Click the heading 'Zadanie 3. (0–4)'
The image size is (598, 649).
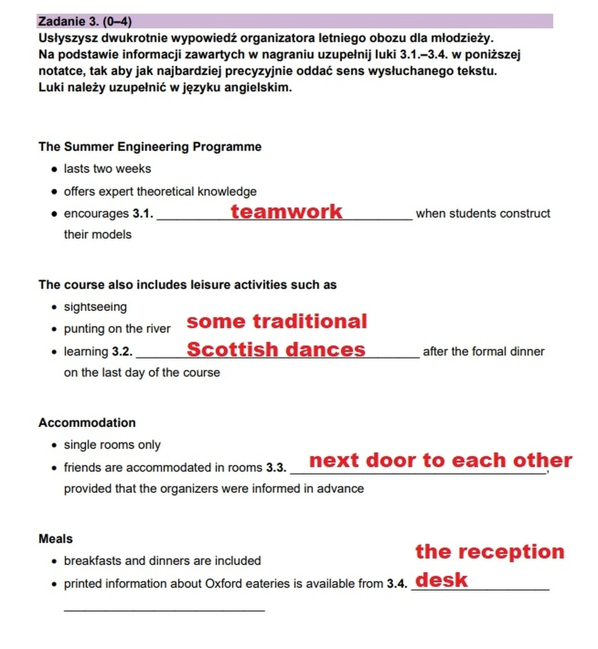85,21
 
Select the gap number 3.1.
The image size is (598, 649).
143,214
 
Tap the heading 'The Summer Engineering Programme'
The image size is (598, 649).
150,147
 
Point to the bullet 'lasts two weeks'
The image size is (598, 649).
107,169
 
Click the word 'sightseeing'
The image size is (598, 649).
95,307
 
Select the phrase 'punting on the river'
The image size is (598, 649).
117,329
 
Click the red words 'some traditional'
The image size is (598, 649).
277,321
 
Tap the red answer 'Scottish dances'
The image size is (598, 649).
276,350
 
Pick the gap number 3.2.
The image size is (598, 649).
122,352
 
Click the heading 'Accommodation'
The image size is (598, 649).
87,423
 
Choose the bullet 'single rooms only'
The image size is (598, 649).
112,445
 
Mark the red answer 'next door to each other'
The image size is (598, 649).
440,460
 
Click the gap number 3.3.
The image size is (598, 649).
276,468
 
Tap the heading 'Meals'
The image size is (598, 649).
56,539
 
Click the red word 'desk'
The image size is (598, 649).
441,580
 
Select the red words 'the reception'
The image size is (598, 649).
490,552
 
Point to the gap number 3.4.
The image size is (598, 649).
397,584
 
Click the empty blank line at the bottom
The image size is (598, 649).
164,610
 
